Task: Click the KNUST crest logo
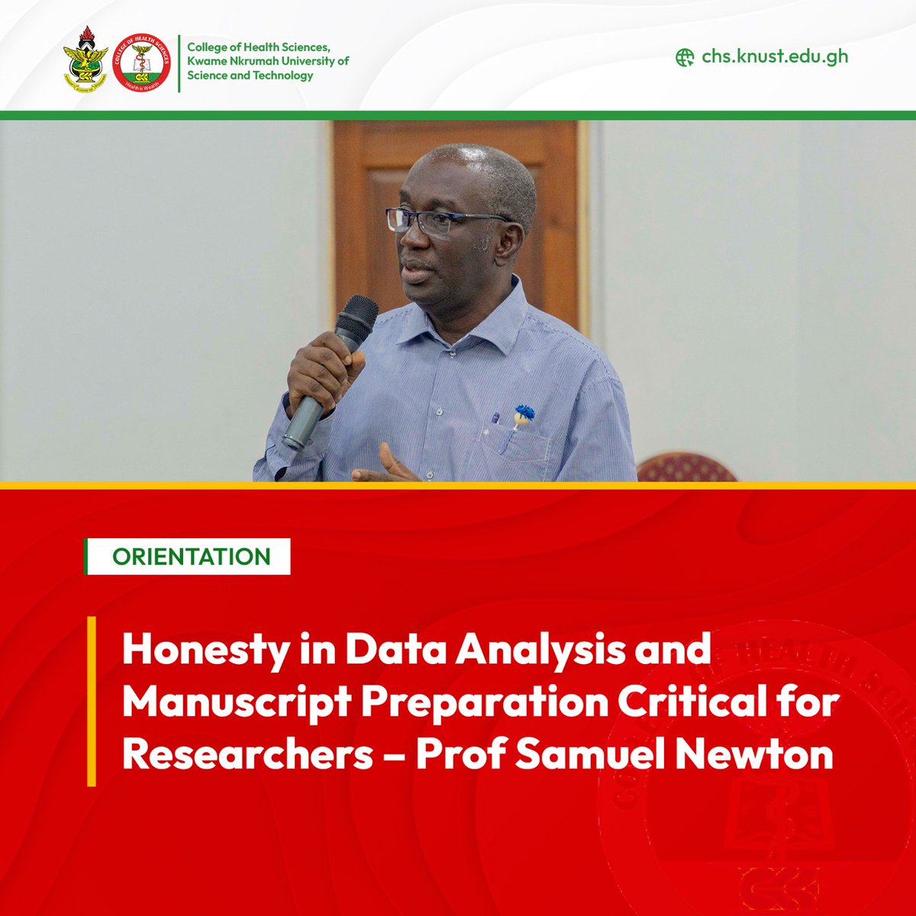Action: [x=84, y=63]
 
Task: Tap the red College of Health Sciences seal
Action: [x=141, y=63]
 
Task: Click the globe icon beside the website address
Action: [x=685, y=57]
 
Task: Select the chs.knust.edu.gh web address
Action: [x=774, y=56]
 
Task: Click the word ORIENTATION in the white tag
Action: [x=192, y=556]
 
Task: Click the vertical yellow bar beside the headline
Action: [x=92, y=701]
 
